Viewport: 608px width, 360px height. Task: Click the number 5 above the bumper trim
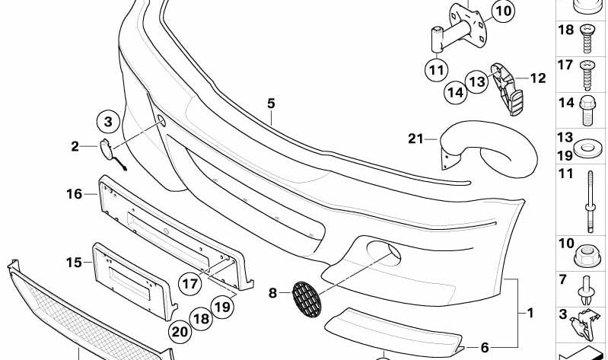[271, 104]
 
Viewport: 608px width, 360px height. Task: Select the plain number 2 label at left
[75, 146]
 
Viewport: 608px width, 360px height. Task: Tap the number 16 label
[74, 193]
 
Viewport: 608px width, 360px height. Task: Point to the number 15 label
[74, 263]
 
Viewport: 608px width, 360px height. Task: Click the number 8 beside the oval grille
[272, 293]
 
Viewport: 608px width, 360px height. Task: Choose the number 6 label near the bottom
[485, 348]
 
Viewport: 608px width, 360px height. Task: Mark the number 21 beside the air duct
[415, 139]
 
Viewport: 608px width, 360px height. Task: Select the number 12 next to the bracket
[538, 78]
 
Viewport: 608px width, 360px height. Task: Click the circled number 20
[180, 332]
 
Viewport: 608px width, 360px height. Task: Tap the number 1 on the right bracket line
[530, 313]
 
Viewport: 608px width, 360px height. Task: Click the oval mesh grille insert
[307, 299]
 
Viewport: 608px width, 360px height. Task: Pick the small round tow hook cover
[106, 149]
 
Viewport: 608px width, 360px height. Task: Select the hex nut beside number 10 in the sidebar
[587, 256]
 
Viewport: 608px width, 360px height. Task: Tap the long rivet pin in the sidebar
[590, 202]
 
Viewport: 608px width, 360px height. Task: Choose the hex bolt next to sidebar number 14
[587, 110]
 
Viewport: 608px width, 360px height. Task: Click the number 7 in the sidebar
[562, 279]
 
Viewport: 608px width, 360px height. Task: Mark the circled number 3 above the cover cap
[108, 122]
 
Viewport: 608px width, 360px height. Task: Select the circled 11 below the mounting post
[437, 71]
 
